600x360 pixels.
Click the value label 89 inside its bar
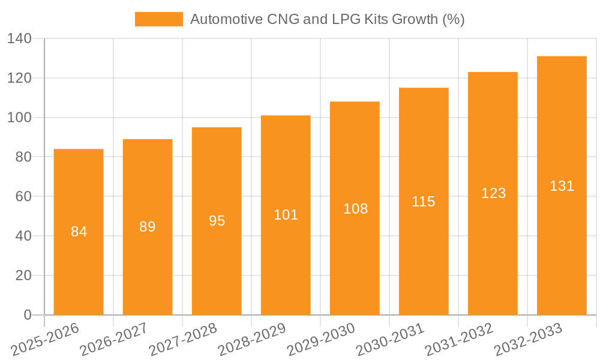(x=148, y=227)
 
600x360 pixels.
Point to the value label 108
(x=355, y=209)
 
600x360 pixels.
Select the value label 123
(x=493, y=193)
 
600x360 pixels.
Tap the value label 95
(x=217, y=221)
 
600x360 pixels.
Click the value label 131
(x=562, y=186)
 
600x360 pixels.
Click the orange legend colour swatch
(x=159, y=19)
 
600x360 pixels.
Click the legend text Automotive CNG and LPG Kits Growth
(x=327, y=19)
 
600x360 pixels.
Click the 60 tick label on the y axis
(x=23, y=196)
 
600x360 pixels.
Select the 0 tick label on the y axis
(x=27, y=315)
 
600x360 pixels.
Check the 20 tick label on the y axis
(x=23, y=275)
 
